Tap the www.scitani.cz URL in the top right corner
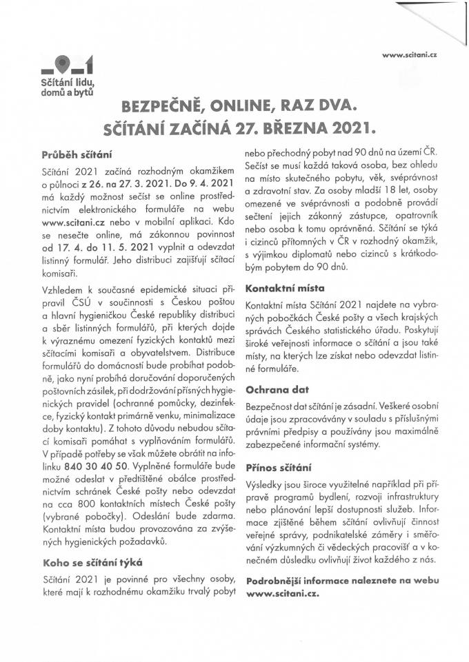[x=410, y=54]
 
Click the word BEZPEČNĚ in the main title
[x=161, y=107]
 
